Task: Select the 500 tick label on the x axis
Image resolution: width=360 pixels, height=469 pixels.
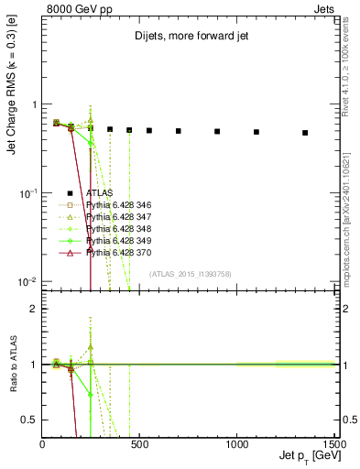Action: [140, 443]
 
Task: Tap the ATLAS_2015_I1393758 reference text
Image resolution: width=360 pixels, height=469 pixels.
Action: [191, 274]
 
